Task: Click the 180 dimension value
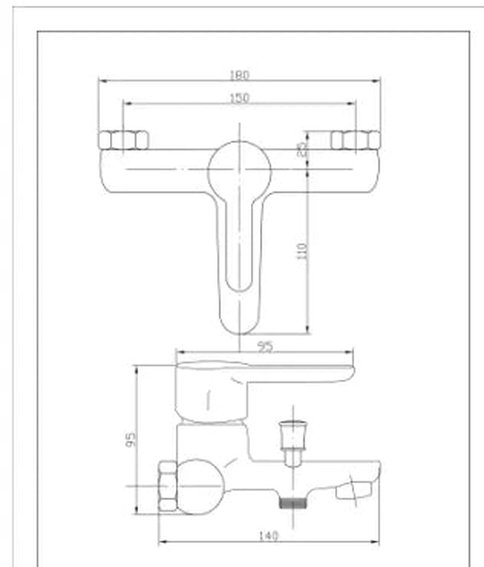(x=240, y=75)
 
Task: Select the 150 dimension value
(x=240, y=99)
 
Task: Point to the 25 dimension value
(x=303, y=148)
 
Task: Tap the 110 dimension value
(x=303, y=251)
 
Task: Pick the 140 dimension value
(x=269, y=536)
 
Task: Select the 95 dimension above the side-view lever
(x=266, y=347)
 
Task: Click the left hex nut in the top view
(x=123, y=140)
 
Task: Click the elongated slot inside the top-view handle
(x=240, y=248)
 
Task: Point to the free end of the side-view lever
(x=344, y=371)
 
